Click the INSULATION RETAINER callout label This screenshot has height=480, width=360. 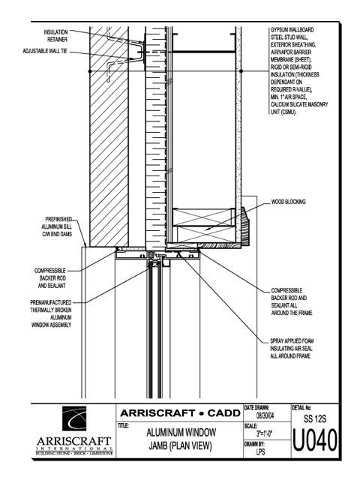[55, 36]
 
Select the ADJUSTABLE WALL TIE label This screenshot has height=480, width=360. [45, 51]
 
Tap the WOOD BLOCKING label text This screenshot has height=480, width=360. [288, 202]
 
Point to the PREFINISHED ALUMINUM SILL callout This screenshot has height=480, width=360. [57, 226]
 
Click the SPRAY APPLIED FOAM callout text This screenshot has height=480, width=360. [292, 348]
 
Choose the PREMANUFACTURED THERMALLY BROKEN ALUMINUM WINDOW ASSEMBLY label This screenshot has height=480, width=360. [51, 313]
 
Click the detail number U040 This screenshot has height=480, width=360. [315, 441]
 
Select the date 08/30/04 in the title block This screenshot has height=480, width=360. [265, 415]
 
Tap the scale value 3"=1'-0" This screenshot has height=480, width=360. [264, 433]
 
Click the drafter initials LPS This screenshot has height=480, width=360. [260, 451]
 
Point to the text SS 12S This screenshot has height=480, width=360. [315, 418]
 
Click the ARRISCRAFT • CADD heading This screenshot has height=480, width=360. [180, 413]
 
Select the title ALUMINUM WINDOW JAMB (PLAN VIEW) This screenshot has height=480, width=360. [181, 439]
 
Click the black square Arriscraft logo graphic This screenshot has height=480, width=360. [74, 418]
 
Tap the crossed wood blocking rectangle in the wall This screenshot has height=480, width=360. [204, 225]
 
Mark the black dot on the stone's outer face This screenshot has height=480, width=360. [90, 71]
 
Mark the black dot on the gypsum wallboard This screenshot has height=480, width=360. [241, 71]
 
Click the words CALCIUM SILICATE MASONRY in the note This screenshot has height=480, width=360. [299, 105]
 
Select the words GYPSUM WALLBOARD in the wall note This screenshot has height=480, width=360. [292, 30]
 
